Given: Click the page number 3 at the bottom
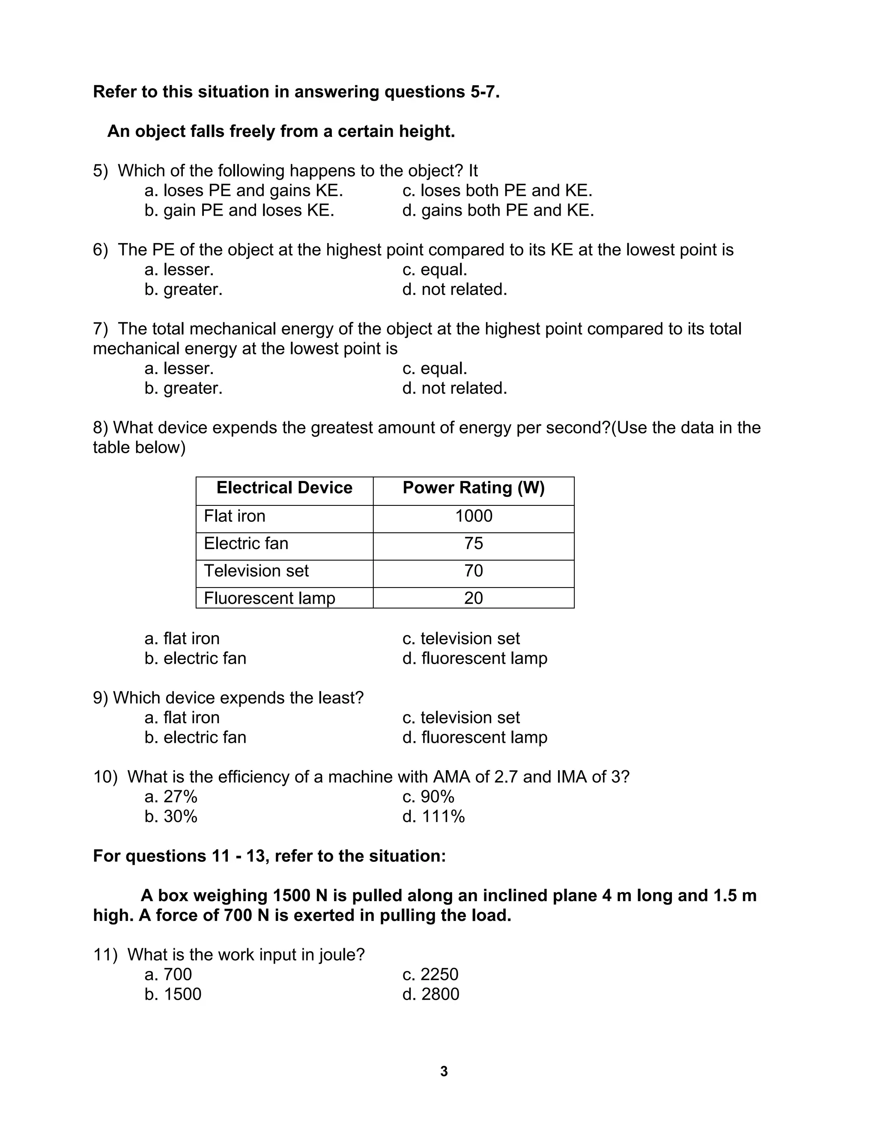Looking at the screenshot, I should pyautogui.click(x=444, y=1071).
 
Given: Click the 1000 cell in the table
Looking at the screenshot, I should pyautogui.click(x=473, y=516).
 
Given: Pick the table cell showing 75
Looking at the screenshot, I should pyautogui.click(x=473, y=543).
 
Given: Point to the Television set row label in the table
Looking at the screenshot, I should pyautogui.click(x=256, y=570).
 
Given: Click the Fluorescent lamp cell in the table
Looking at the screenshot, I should pyautogui.click(x=269, y=598).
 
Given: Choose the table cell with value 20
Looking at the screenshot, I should pyautogui.click(x=473, y=598).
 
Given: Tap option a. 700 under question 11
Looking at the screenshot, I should pyautogui.click(x=168, y=974).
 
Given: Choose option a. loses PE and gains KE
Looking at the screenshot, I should pyautogui.click(x=244, y=190).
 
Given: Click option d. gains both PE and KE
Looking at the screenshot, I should pyautogui.click(x=498, y=210).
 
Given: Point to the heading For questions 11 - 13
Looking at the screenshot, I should pyautogui.click(x=269, y=856).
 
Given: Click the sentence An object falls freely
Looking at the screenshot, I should pyautogui.click(x=280, y=131).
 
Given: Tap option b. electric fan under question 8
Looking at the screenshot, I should pyautogui.click(x=195, y=659).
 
